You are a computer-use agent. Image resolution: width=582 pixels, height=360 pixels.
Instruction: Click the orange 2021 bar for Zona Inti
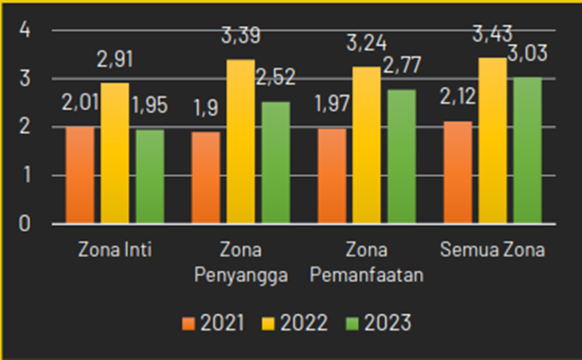79,175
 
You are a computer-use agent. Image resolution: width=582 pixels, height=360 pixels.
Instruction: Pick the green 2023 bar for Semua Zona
528,150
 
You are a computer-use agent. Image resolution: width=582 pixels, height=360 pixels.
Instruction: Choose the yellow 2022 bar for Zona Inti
114,153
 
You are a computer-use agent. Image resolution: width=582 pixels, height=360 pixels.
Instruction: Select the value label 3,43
494,39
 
